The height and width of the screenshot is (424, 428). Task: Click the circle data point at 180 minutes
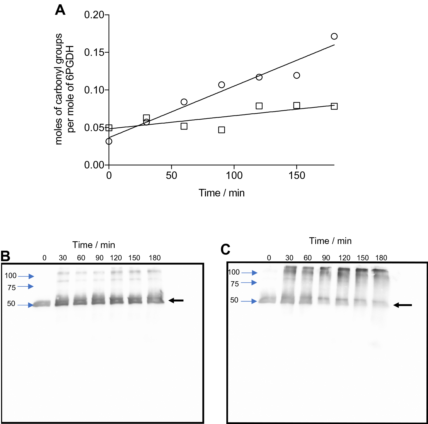point(334,36)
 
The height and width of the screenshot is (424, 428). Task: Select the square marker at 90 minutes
point(222,130)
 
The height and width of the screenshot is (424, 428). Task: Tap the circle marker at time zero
point(109,141)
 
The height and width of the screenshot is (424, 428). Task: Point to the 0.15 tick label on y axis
point(94,52)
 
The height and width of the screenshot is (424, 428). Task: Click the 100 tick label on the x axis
point(234,175)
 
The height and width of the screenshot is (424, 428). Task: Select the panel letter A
point(60,10)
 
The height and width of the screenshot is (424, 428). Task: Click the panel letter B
point(5,256)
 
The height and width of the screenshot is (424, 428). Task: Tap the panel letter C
point(225,249)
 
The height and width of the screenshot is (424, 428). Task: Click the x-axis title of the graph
point(222,193)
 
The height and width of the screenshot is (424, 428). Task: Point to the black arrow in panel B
point(176,300)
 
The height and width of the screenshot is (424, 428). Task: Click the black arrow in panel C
point(402,305)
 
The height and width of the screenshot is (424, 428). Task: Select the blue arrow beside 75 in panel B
point(26,287)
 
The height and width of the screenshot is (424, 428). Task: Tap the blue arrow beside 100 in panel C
point(249,273)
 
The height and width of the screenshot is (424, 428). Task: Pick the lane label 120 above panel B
point(116,258)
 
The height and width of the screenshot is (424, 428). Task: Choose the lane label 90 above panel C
point(326,258)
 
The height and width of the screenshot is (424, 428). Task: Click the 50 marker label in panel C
point(234,300)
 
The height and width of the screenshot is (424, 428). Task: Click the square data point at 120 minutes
point(259,106)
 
